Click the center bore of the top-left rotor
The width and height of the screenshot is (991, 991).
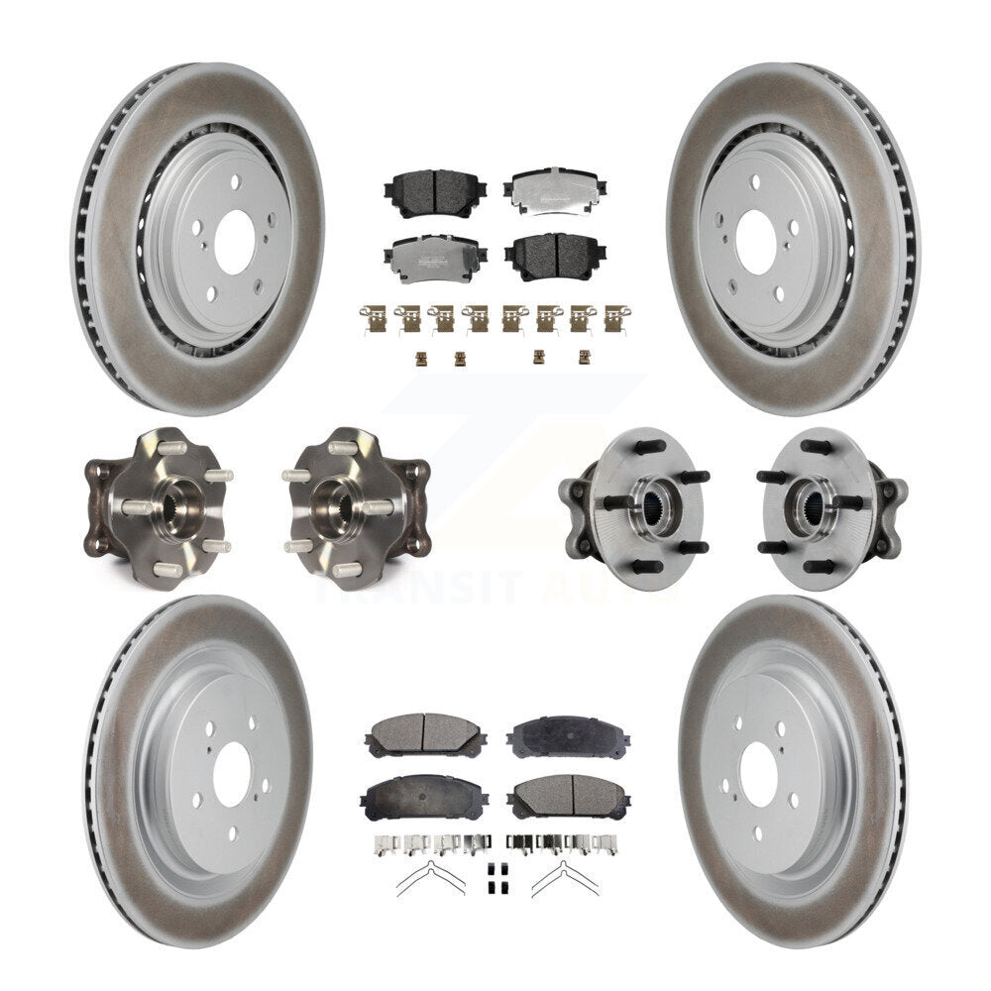[235, 241]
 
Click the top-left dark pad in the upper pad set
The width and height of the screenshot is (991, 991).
[431, 192]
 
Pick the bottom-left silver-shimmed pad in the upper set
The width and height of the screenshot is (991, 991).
[431, 260]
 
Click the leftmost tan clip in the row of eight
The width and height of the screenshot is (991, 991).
[374, 318]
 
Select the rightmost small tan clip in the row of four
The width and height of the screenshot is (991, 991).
[584, 357]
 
